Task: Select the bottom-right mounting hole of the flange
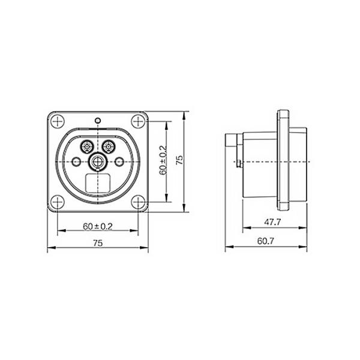point(139,202)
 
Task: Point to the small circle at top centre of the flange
point(98,120)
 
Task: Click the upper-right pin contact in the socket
point(109,146)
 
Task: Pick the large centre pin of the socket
point(98,161)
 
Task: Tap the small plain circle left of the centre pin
point(76,161)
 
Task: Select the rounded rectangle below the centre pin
point(98,182)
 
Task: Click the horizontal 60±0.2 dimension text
point(98,226)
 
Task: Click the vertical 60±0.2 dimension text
point(163,161)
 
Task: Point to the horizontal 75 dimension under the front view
point(98,243)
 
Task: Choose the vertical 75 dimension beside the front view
point(179,161)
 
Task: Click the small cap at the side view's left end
point(230,143)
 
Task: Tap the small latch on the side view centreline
point(240,163)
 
